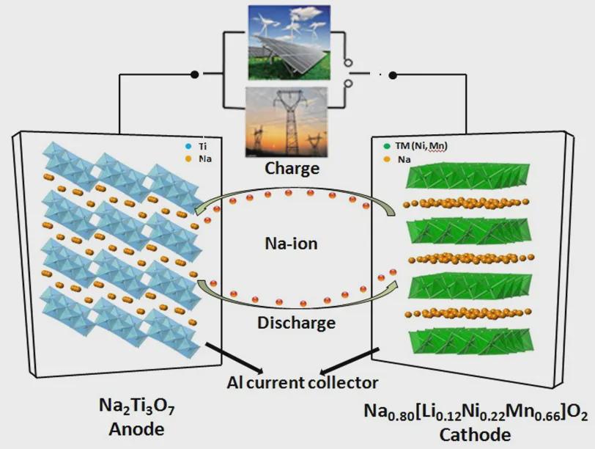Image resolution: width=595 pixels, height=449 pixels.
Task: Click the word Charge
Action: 292,168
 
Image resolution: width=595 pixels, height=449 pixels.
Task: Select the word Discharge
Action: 297,322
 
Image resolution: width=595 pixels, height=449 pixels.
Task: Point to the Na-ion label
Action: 292,243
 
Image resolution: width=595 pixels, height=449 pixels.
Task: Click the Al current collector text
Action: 302,382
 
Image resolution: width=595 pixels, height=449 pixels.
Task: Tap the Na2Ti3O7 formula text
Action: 133,406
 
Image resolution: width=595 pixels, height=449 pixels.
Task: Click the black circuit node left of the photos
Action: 195,74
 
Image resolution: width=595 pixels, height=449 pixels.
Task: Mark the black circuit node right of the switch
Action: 393,75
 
